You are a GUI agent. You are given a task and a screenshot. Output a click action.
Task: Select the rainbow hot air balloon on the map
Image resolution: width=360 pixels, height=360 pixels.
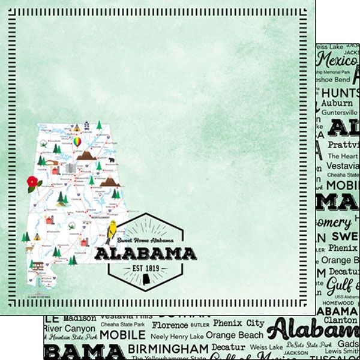pyautogui.click(x=77, y=142)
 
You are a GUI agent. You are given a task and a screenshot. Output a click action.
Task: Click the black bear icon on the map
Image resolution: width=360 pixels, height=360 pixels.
pyautogui.click(x=111, y=161)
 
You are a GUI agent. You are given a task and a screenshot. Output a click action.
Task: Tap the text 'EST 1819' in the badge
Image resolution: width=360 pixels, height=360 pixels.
pyautogui.click(x=145, y=266)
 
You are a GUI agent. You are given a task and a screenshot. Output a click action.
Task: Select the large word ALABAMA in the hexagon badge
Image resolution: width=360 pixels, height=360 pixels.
pyautogui.click(x=146, y=253)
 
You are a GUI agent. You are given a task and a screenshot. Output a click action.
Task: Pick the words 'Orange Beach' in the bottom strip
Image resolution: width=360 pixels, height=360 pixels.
pyautogui.click(x=235, y=335)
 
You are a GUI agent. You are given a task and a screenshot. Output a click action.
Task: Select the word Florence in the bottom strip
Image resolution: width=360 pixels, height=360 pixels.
pyautogui.click(x=170, y=325)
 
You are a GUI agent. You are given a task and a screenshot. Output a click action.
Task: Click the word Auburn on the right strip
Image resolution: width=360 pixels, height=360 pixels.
pyautogui.click(x=338, y=103)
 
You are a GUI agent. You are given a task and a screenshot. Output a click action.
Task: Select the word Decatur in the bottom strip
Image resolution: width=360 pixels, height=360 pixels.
pyautogui.click(x=229, y=347)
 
